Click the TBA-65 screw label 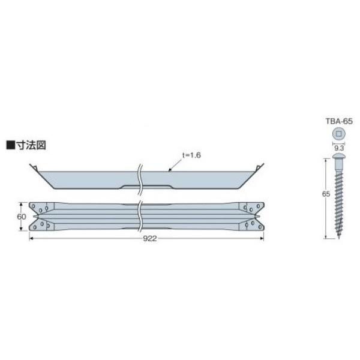(x=339, y=121)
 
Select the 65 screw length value (x=323, y=195)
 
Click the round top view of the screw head (x=339, y=133)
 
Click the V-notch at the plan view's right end (x=257, y=215)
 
